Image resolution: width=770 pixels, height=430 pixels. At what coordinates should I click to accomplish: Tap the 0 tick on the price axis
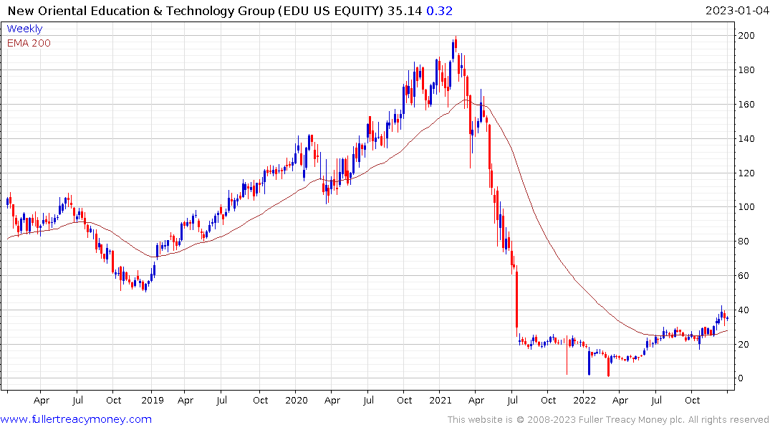click(x=743, y=378)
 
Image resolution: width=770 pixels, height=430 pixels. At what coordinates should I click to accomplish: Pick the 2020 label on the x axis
click(x=297, y=401)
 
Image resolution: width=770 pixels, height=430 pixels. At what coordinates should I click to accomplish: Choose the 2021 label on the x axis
click(x=441, y=401)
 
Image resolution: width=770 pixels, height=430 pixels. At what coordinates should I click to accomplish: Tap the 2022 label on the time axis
click(x=584, y=401)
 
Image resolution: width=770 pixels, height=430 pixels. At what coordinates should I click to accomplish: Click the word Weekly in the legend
click(x=24, y=29)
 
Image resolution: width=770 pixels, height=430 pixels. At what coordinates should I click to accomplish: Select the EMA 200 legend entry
click(x=29, y=43)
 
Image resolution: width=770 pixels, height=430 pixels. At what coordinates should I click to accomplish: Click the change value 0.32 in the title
click(x=441, y=11)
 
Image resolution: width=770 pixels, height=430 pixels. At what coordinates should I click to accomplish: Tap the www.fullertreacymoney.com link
click(x=76, y=419)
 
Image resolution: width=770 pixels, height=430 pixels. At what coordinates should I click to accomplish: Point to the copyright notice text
click(x=608, y=419)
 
